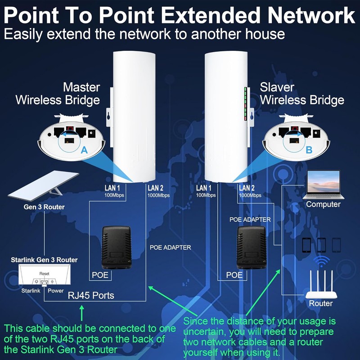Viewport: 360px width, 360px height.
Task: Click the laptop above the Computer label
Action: pos(323,184)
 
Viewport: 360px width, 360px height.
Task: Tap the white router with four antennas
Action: pos(321,284)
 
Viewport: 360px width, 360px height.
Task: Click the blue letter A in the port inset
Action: pos(84,150)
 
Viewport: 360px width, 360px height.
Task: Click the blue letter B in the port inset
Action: pos(309,150)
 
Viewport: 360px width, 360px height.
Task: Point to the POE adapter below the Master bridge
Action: pos(117,247)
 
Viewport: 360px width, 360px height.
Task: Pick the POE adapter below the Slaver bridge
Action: pos(252,247)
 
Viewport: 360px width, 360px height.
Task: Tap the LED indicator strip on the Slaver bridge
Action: pos(245,104)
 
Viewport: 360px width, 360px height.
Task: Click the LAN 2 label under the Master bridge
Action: pos(155,188)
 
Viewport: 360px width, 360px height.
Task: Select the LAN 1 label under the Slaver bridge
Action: pos(204,188)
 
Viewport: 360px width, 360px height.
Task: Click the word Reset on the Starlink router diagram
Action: pos(44,274)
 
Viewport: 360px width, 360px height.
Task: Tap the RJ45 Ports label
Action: pos(91,295)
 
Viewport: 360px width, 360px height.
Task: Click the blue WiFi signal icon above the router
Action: pos(321,261)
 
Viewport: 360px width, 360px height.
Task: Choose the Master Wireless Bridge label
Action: pos(58,94)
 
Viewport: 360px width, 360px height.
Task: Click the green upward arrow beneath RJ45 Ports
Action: pos(81,313)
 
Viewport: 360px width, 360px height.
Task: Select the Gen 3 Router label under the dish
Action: pos(44,207)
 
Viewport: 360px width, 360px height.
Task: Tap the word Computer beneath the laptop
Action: pos(323,204)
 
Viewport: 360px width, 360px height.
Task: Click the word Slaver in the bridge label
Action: pos(277,87)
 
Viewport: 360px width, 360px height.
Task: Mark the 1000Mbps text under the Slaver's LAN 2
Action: pos(250,195)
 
